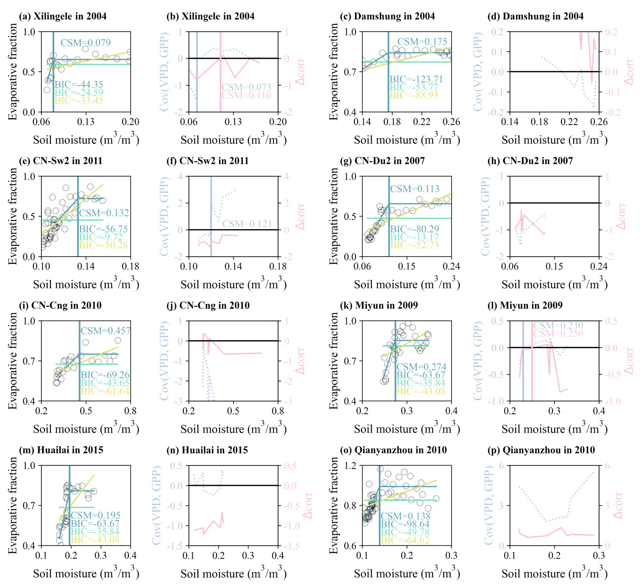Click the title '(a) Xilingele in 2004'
point(63,16)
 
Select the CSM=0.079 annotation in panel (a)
point(86,42)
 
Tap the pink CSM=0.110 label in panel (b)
point(246,95)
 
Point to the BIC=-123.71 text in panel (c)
point(416,79)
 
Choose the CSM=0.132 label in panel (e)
point(104,213)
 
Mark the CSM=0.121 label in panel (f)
point(247,224)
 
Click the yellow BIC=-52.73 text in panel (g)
point(414,245)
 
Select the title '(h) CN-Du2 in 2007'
point(530,161)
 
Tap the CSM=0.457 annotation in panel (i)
point(105,331)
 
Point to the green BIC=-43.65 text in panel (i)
point(105,383)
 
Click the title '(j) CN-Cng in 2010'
point(208,305)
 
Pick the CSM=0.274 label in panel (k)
point(421,367)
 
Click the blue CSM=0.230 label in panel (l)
point(558,325)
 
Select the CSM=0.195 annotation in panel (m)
point(96,515)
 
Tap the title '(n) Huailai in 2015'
point(207,450)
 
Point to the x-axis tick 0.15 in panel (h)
point(554,266)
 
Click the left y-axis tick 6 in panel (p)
point(501,466)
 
